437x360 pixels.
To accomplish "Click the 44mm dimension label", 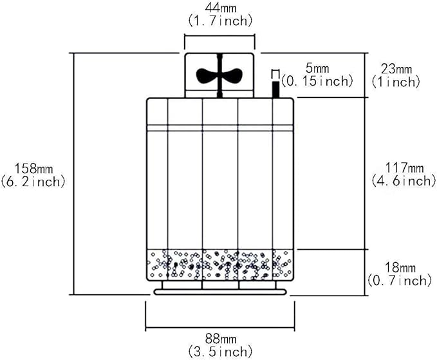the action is click(221, 8).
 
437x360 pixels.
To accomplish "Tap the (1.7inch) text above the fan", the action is click(220, 21).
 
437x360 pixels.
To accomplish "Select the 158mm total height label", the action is click(33, 168).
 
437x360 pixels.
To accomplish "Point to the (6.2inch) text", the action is click(33, 182).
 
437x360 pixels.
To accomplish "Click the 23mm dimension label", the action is click(396, 69).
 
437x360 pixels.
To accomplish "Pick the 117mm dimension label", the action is click(404, 168).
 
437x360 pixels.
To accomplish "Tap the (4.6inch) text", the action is click(404, 181).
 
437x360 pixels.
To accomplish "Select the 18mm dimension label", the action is click(400, 268).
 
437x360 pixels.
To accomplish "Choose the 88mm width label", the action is click(221, 339).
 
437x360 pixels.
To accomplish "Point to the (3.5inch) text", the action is click(220, 352).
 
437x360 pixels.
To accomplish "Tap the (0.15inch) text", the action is click(317, 81).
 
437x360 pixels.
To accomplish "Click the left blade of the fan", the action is click(207, 75).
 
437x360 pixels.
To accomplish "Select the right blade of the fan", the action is click(232, 75).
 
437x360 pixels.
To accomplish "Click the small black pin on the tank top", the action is click(275, 90).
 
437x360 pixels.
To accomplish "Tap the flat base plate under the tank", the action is click(220, 292).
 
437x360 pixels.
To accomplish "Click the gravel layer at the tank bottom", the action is click(220, 265).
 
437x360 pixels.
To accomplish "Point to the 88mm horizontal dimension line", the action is click(220, 328).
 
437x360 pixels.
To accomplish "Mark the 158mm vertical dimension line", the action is click(74, 173).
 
